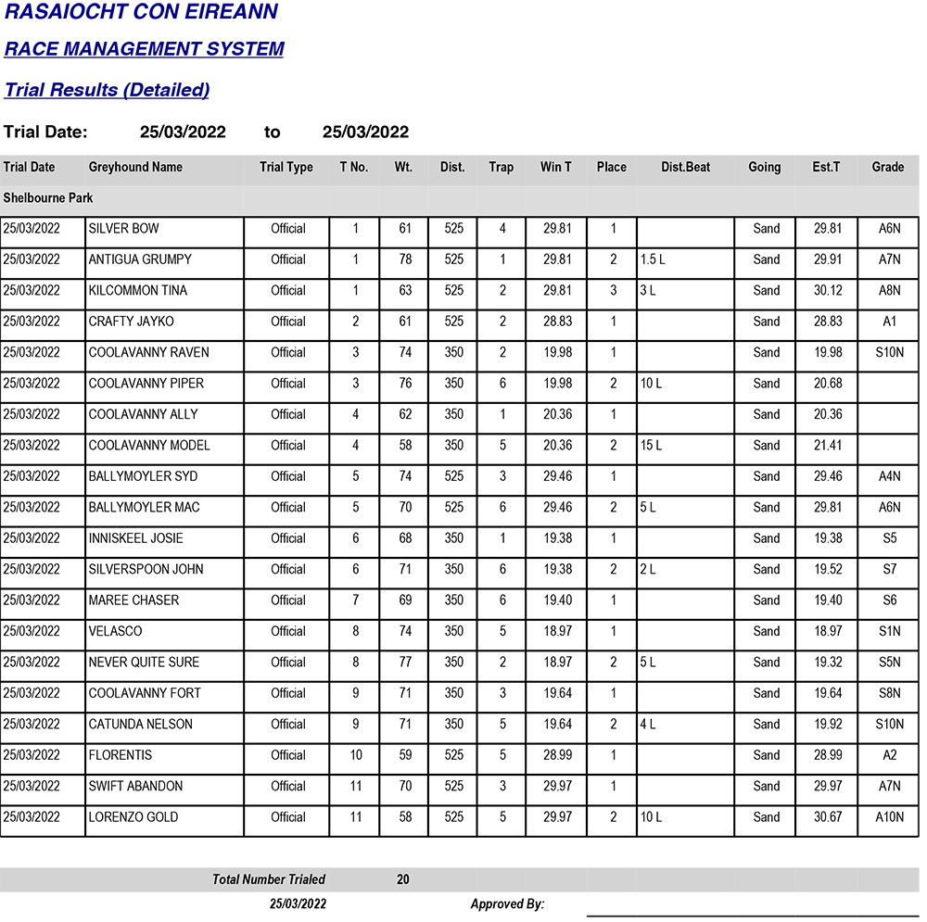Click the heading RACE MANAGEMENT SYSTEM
pos(144,49)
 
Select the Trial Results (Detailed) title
pos(107,90)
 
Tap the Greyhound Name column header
pos(135,168)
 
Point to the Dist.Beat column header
pos(685,168)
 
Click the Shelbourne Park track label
pos(48,198)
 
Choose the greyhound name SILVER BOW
pos(123,229)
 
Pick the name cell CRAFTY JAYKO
pos(131,322)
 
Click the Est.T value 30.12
pos(828,291)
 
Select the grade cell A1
pos(889,322)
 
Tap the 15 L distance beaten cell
pos(651,446)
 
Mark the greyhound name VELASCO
pos(115,631)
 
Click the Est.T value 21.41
pos(828,446)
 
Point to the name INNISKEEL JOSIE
pos(135,538)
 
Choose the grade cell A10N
pos(889,817)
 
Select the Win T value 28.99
pos(557,755)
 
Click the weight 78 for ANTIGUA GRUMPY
pos(405,260)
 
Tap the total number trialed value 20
pos(403,879)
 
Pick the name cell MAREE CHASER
pos(133,600)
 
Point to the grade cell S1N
pos(889,631)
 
